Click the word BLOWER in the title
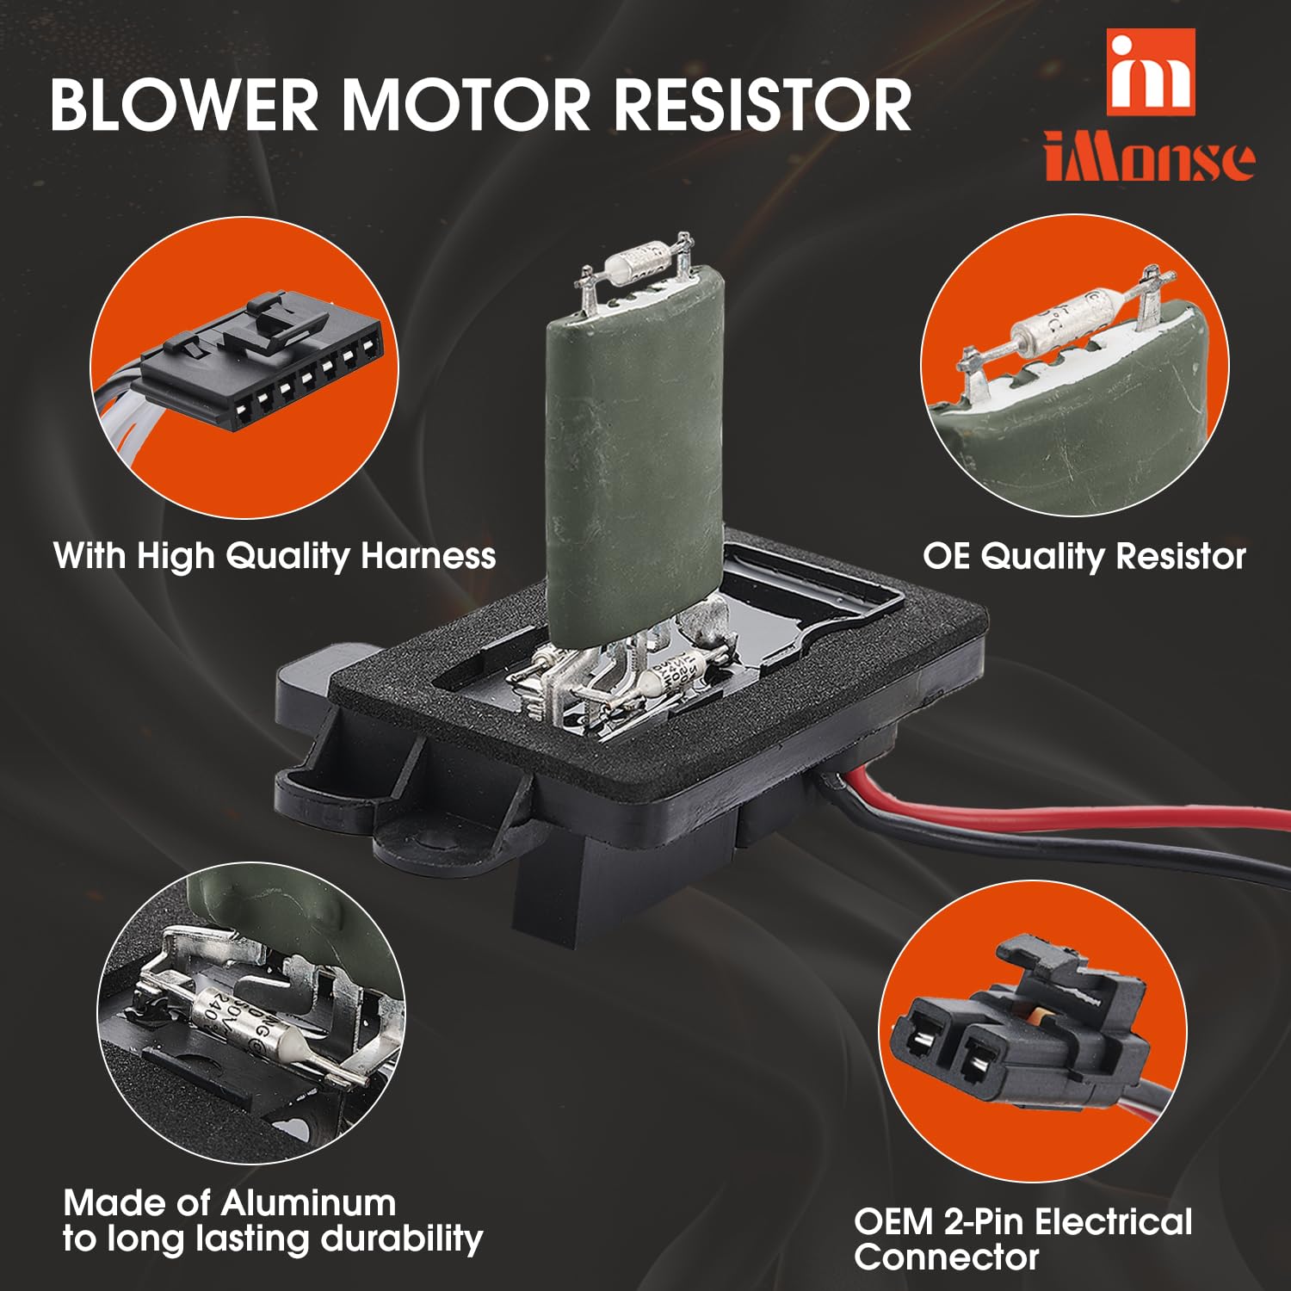184,105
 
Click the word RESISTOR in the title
762,105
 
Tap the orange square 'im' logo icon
1151,72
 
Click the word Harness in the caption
428,556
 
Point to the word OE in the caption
946,556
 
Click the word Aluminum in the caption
309,1203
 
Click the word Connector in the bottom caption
947,1257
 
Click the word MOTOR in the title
465,105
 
